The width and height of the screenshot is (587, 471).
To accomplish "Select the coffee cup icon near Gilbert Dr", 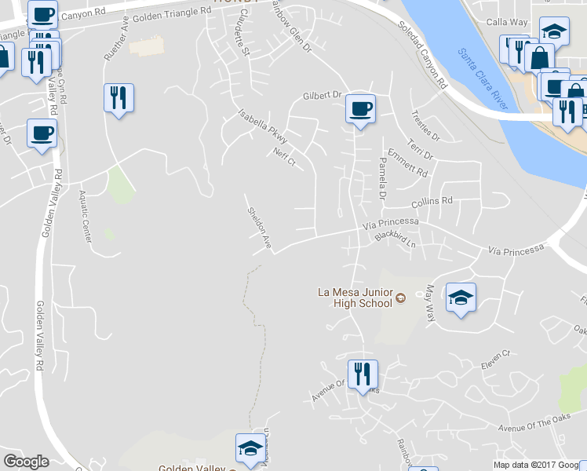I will [x=360, y=109].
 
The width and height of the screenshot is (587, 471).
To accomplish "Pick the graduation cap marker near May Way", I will [x=461, y=298].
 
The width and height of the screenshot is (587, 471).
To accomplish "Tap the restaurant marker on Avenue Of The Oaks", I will [x=362, y=374].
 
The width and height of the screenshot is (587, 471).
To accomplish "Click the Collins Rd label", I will [x=432, y=202].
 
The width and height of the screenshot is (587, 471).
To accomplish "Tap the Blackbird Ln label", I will [x=394, y=238].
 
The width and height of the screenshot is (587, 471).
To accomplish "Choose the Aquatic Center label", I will [x=86, y=219].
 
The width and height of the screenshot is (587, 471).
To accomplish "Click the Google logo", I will [x=26, y=462].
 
